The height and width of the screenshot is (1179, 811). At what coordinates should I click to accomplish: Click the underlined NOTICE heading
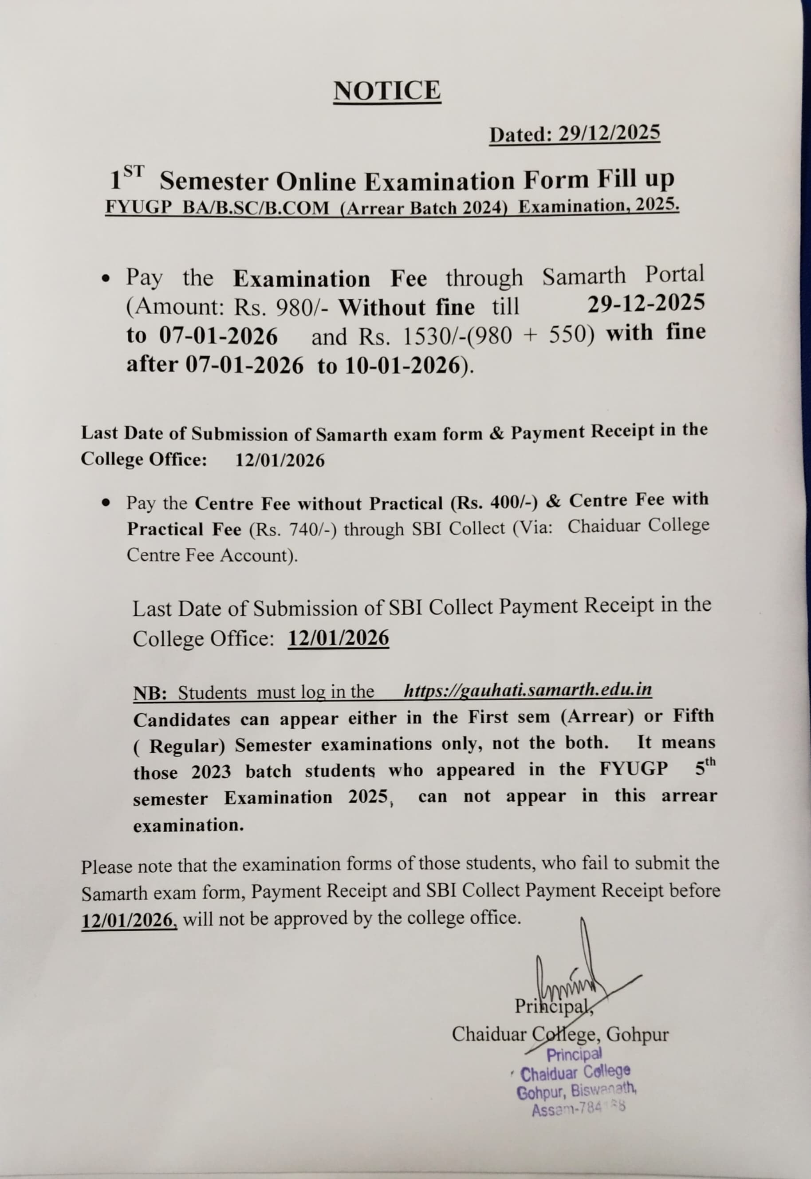pos(387,91)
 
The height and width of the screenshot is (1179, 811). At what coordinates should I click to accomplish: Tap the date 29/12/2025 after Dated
pos(609,133)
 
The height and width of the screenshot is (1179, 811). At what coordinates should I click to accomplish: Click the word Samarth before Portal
pos(584,276)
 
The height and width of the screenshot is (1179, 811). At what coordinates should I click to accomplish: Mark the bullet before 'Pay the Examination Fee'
pos(105,280)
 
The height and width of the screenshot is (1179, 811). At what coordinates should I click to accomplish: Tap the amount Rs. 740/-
pos(293,530)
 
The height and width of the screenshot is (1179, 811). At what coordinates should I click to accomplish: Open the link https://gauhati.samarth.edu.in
pos(528,690)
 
